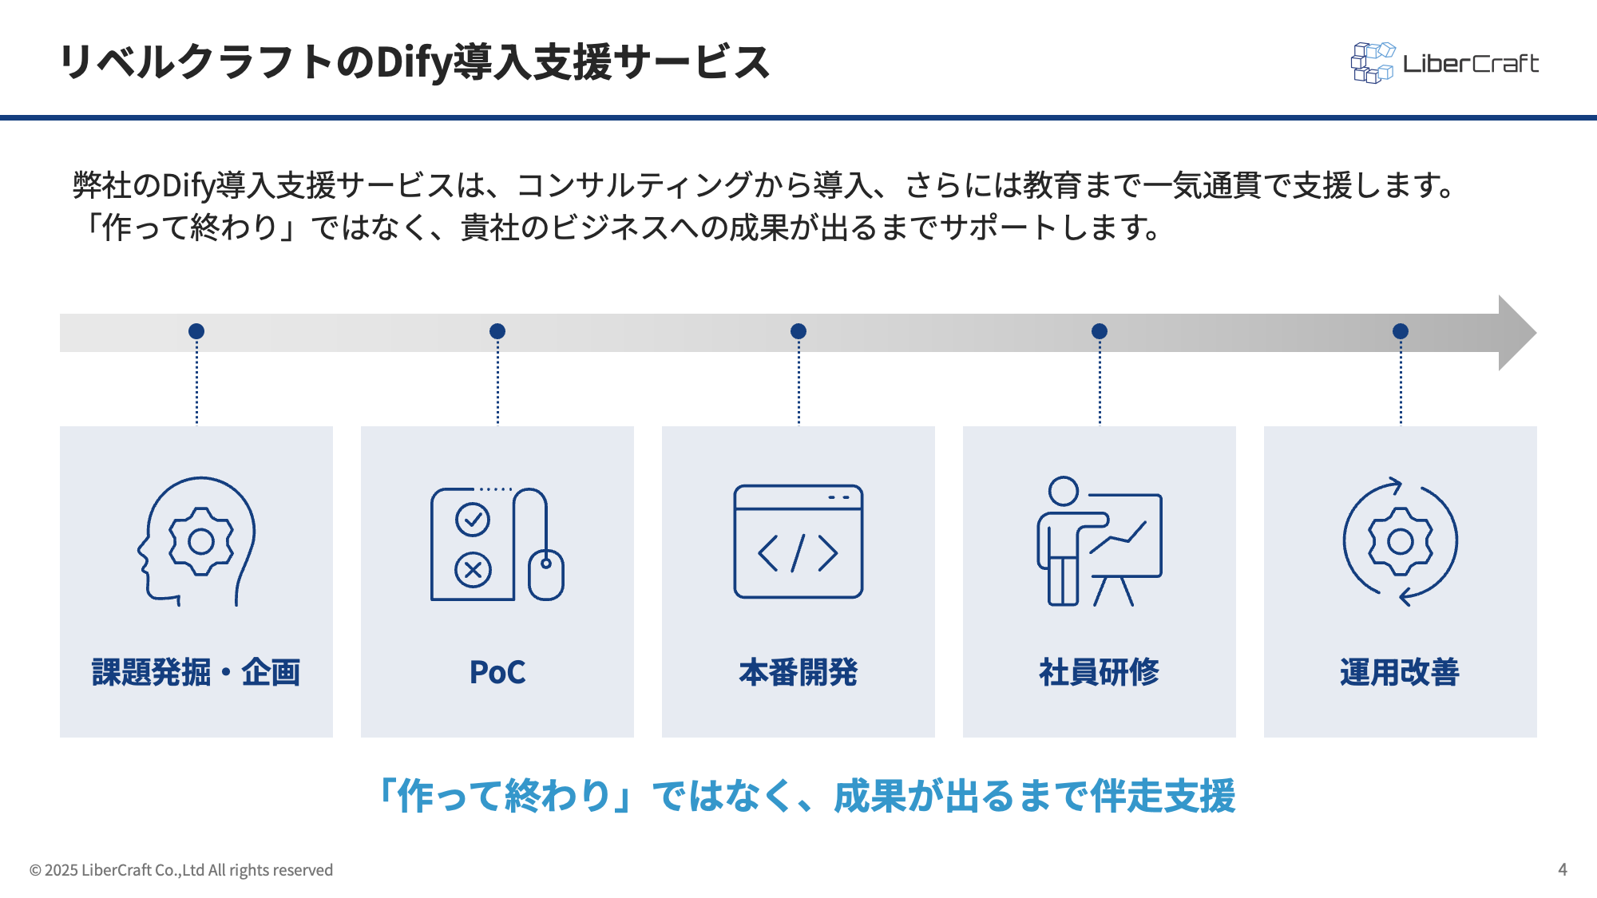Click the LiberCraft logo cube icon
1372,63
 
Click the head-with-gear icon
196,541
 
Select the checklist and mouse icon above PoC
497,544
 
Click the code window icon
798,542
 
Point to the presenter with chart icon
1099,541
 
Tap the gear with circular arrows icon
1400,541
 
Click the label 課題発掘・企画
196,672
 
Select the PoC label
497,672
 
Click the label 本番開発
798,672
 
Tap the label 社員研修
1099,672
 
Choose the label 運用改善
1400,672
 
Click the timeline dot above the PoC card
497,331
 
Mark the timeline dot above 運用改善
1401,331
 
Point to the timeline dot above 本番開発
798,331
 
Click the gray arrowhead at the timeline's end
1515,333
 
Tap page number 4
1563,869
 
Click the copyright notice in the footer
181,870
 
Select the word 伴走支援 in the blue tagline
1163,796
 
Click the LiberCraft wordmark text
1471,64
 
